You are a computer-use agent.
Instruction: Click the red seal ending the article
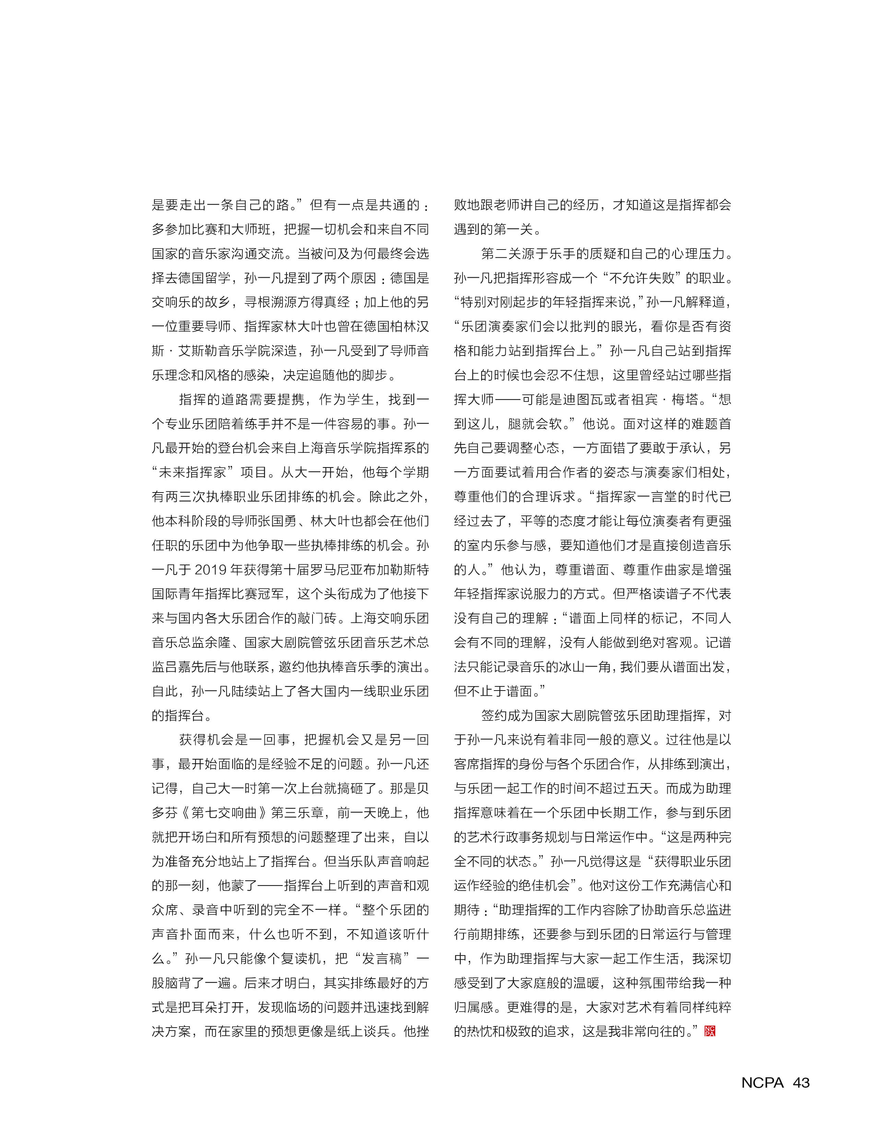click(x=710, y=1031)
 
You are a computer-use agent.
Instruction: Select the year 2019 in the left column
click(x=211, y=570)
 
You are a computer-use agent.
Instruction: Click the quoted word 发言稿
click(x=382, y=959)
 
